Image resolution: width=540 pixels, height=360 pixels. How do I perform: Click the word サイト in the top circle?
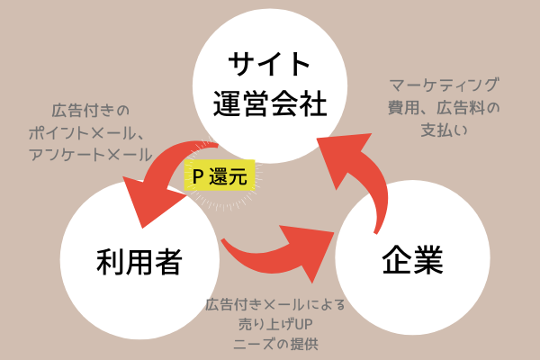pyautogui.click(x=269, y=66)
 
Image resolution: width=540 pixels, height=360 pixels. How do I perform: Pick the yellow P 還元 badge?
pyautogui.click(x=220, y=175)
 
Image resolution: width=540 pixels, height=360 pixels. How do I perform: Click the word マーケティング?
pyautogui.click(x=444, y=87)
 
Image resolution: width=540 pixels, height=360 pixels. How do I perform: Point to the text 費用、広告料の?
pyautogui.click(x=444, y=109)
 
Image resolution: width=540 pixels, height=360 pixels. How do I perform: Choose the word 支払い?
pyautogui.click(x=444, y=130)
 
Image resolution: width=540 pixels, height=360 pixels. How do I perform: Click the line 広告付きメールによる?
pyautogui.click(x=275, y=303)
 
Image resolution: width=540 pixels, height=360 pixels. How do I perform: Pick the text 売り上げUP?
pyautogui.click(x=275, y=323)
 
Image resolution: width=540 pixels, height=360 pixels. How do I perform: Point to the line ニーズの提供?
pyautogui.click(x=275, y=343)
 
